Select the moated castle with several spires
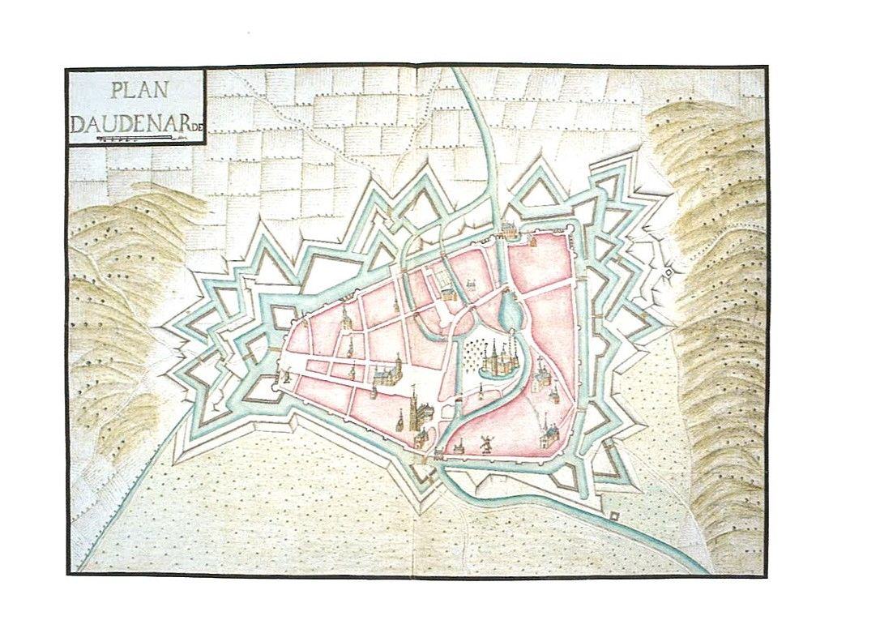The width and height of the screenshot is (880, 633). click(x=498, y=360)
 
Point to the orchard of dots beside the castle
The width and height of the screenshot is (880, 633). click(x=471, y=354)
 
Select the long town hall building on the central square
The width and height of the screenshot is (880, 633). click(x=387, y=374)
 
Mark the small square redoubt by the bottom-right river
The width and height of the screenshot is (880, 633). click(x=614, y=515)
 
